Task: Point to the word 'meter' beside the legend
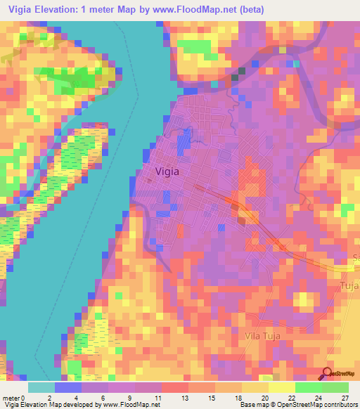click(12, 396)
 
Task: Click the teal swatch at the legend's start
click(41, 387)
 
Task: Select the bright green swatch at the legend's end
click(335, 387)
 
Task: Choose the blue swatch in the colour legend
click(68, 387)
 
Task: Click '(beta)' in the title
click(261, 10)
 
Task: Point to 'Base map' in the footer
click(251, 405)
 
